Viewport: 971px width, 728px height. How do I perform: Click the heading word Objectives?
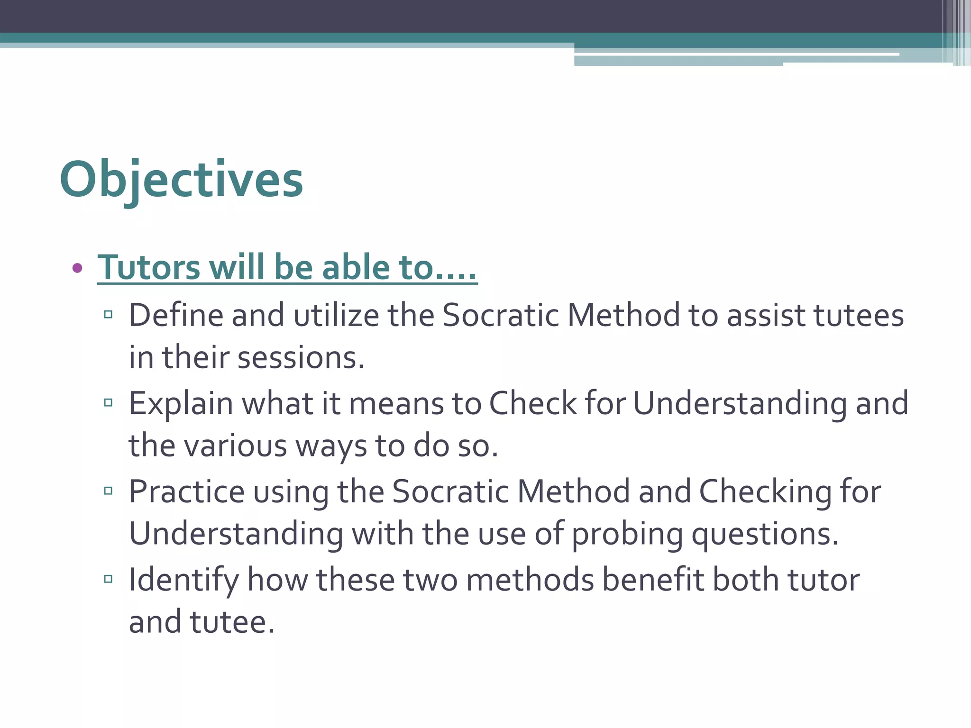(181, 180)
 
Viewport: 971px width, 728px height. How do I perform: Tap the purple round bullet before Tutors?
(77, 268)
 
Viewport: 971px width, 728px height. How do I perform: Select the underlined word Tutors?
(149, 267)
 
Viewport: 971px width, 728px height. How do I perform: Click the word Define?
(176, 315)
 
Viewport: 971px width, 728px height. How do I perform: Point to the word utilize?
(336, 315)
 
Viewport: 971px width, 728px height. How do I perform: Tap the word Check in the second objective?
(532, 404)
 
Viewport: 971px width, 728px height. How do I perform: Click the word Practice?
(186, 491)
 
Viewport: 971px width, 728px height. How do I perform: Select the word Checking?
(765, 491)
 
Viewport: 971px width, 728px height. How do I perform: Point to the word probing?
(627, 534)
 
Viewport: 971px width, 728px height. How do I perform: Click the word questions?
(765, 534)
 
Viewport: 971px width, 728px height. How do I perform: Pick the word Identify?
(184, 580)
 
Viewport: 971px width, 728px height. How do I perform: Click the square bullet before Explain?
(108, 403)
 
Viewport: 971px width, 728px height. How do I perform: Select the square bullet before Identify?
(108, 579)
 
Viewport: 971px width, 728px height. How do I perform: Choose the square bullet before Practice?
(108, 491)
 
